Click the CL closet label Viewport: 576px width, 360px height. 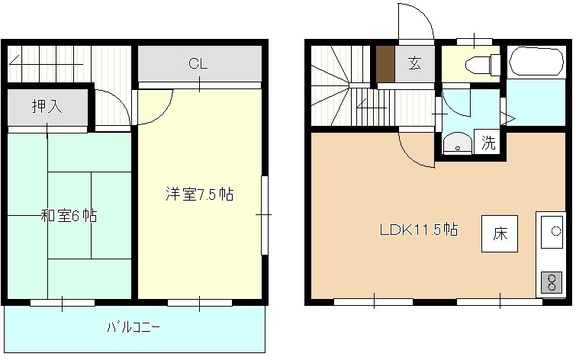[198, 64]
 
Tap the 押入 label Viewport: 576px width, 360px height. [47, 107]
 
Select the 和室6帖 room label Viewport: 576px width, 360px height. [69, 216]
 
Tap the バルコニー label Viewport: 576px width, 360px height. [133, 329]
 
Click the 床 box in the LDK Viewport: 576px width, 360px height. [500, 233]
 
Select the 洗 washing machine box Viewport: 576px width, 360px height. [488, 142]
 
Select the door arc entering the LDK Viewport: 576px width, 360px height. [416, 149]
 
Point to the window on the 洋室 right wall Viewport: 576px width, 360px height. [265, 216]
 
